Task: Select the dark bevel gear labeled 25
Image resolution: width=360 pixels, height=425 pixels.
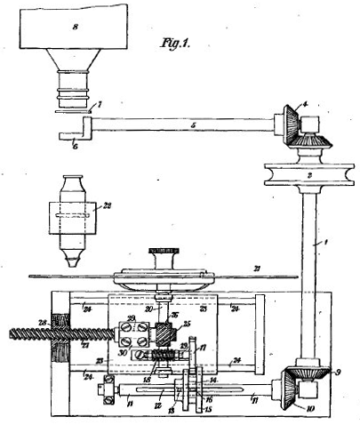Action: (x=166, y=334)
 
